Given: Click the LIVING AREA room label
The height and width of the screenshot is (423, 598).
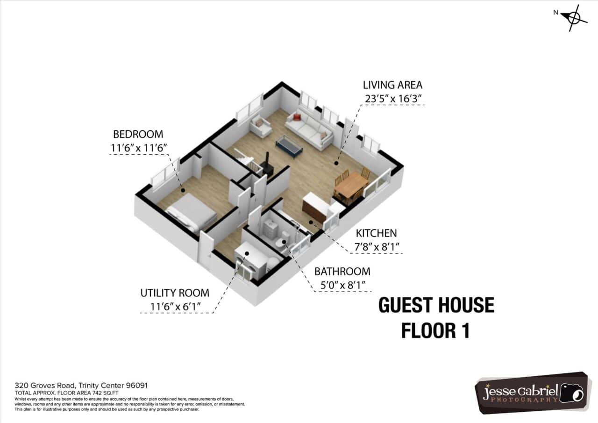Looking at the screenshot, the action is coord(392,85).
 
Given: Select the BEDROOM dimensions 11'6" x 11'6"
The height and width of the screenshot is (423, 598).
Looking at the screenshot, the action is coord(139,148).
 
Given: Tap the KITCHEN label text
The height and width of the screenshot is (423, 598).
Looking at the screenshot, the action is coord(376,233).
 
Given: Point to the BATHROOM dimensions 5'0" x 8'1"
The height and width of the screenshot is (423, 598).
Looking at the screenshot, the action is coord(342,285).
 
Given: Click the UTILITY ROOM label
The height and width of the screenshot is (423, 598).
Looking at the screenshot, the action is coord(175,293).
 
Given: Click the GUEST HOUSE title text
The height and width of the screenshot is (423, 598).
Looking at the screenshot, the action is coord(436,305).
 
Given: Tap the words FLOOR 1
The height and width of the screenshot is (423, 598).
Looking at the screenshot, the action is coord(435,330).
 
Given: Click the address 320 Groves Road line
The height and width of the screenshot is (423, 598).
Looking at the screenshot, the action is coord(81,385).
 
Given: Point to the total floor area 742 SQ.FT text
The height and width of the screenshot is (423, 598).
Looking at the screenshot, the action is coord(66,393).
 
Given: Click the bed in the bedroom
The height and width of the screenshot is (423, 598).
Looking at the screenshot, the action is coord(191,212).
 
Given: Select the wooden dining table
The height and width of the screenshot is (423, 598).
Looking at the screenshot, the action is coord(351,184).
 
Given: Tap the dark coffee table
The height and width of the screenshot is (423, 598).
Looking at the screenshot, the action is coord(289,146).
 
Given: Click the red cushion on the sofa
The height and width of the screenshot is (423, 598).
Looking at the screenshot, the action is coord(297,117).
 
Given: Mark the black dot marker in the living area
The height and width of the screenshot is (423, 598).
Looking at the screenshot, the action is coord(336,163).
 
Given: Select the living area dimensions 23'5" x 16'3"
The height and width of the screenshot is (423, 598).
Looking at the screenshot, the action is coord(393,99).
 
